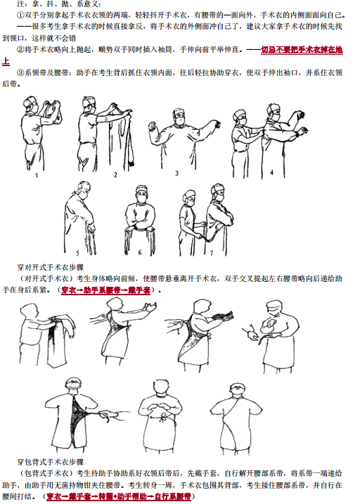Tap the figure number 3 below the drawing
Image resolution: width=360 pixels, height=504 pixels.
(176, 172)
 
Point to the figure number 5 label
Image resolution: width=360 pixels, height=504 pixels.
(77, 251)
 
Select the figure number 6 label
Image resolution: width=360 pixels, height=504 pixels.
(139, 251)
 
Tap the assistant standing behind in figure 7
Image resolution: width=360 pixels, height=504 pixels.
(188, 218)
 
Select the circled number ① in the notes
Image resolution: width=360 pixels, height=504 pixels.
(20, 15)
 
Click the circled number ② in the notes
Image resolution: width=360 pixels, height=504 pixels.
(20, 51)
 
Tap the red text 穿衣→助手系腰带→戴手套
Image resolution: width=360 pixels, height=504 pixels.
(108, 290)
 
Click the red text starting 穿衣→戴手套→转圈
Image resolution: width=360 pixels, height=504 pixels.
(119, 496)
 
